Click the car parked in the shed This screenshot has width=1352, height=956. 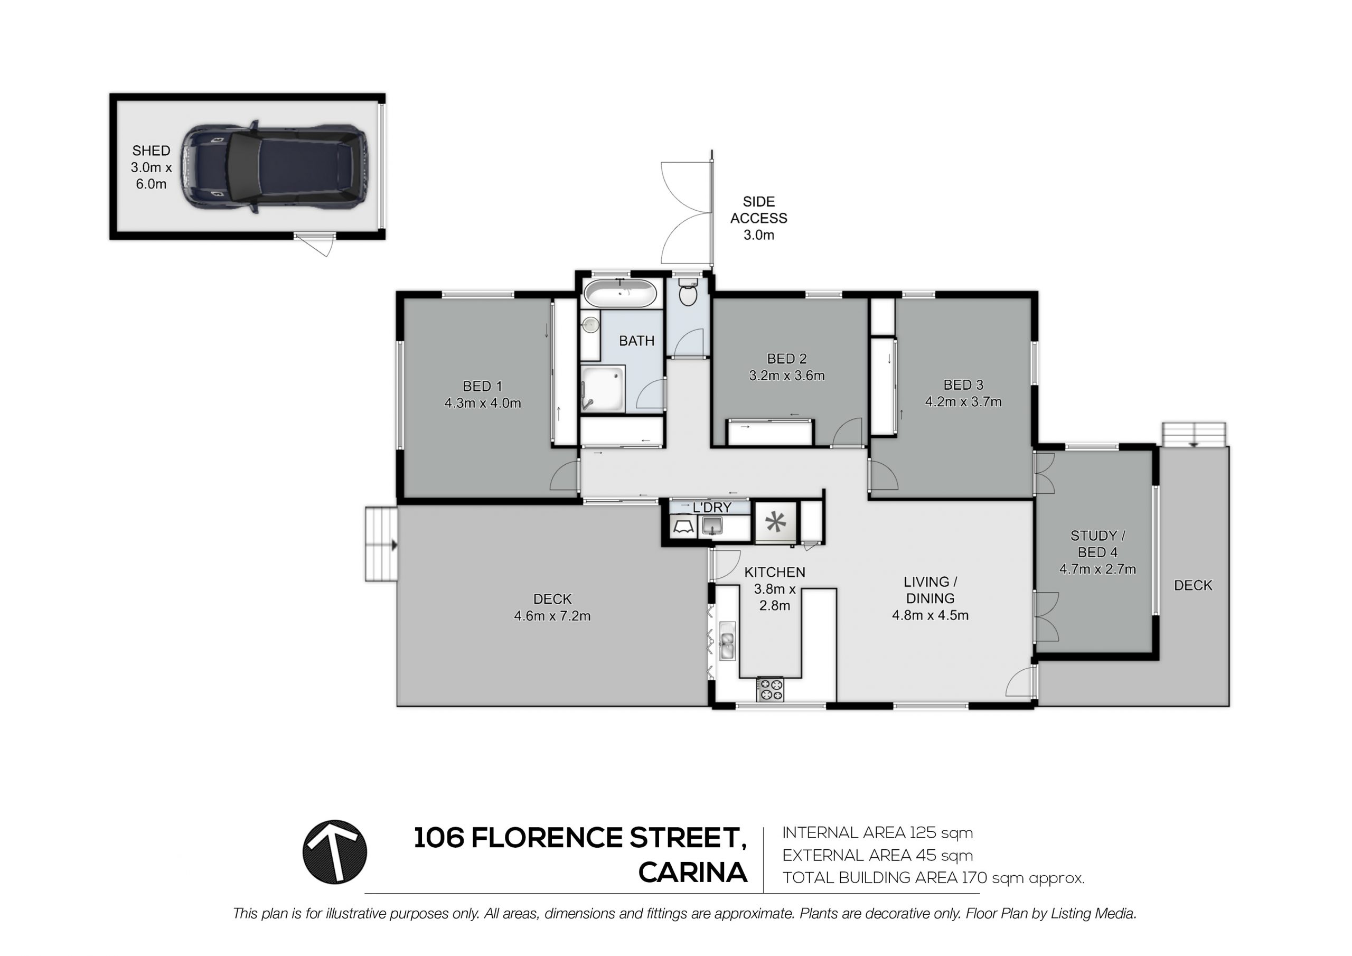(x=274, y=168)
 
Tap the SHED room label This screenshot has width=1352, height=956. (x=152, y=151)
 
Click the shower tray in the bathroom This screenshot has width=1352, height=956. (x=603, y=389)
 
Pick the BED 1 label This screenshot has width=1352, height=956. (x=482, y=387)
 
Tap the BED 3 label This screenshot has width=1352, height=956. (x=963, y=385)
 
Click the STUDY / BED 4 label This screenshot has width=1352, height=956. (x=1097, y=543)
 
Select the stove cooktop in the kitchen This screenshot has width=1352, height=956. (x=770, y=690)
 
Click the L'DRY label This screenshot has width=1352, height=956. (x=712, y=508)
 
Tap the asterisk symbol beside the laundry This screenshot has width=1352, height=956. (x=775, y=522)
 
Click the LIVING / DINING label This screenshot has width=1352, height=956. (x=931, y=590)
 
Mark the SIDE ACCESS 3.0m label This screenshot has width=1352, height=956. (x=758, y=219)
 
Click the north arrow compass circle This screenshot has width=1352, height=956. (x=334, y=852)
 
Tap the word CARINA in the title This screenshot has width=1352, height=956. (x=693, y=873)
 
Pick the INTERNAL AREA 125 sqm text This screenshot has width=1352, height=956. (x=877, y=833)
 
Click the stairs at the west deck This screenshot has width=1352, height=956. (x=381, y=543)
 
